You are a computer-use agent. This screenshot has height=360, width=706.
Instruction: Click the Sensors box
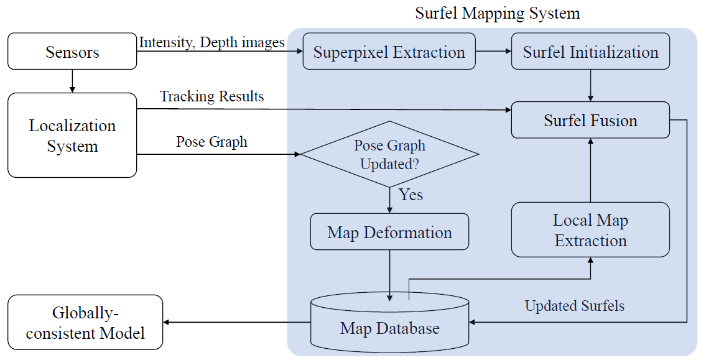72,52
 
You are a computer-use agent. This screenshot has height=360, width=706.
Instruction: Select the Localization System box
72,136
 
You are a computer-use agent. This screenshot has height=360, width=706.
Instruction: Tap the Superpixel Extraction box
389,52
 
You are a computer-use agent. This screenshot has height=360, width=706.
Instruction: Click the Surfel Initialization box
590,52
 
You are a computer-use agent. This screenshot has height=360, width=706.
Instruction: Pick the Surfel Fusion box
590,120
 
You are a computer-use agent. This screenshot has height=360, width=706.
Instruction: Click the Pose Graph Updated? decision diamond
390,154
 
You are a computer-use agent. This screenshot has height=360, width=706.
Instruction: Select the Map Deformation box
389,233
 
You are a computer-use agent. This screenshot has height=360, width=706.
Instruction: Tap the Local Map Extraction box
590,229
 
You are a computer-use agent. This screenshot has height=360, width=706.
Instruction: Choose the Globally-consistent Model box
85,322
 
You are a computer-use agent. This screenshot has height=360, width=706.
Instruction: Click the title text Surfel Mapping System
497,13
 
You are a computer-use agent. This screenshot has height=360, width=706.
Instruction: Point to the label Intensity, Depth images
211,42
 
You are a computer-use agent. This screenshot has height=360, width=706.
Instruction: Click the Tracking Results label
211,96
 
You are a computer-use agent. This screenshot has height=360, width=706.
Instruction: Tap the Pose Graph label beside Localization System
211,142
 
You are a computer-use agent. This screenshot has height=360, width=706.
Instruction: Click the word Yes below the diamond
411,195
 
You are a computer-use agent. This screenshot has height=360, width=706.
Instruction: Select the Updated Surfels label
574,306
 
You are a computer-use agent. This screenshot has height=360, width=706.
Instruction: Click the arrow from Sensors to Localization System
73,80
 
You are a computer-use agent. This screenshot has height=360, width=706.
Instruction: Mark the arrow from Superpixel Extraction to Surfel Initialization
493,52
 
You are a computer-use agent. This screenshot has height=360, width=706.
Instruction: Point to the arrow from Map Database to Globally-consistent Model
236,322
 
